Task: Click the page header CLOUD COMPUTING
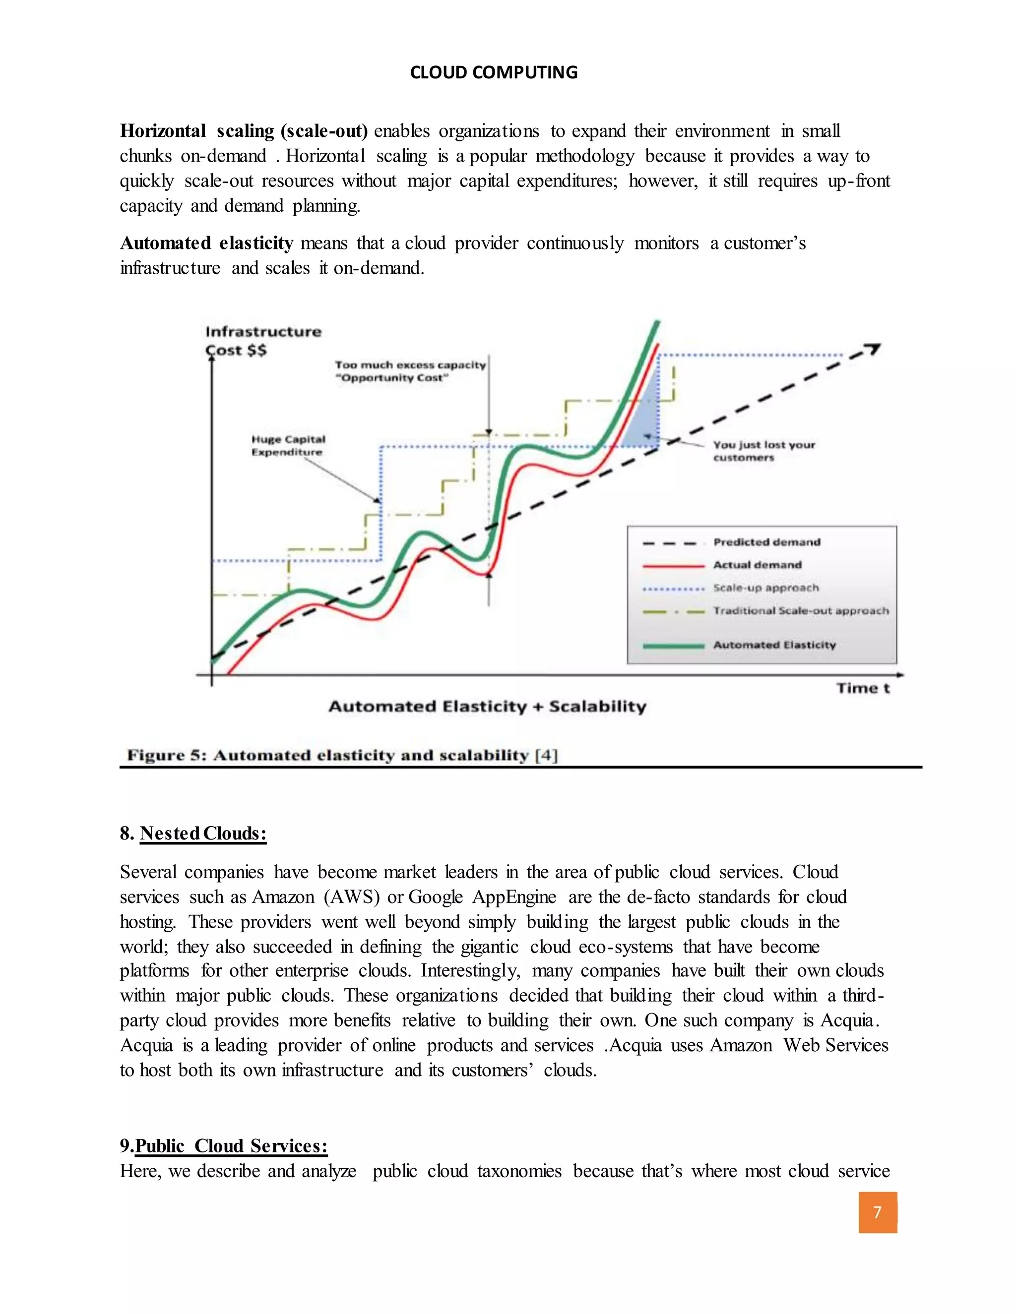pyautogui.click(x=494, y=72)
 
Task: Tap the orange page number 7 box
pyautogui.click(x=877, y=1212)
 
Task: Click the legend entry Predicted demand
pyautogui.click(x=766, y=542)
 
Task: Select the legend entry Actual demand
pyautogui.click(x=757, y=565)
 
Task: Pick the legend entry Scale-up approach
pyautogui.click(x=765, y=588)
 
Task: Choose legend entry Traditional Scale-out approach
pyautogui.click(x=801, y=611)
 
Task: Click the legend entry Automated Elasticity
pyautogui.click(x=774, y=645)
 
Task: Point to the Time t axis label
pyautogui.click(x=863, y=688)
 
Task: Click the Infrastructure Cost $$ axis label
pyautogui.click(x=263, y=341)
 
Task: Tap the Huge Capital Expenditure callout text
pyautogui.click(x=288, y=446)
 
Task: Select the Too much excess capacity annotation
pyautogui.click(x=410, y=371)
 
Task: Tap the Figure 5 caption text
pyautogui.click(x=342, y=755)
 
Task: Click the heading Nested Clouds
pyautogui.click(x=203, y=834)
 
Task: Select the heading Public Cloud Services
pyautogui.click(x=231, y=1146)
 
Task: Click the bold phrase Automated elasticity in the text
pyautogui.click(x=206, y=243)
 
